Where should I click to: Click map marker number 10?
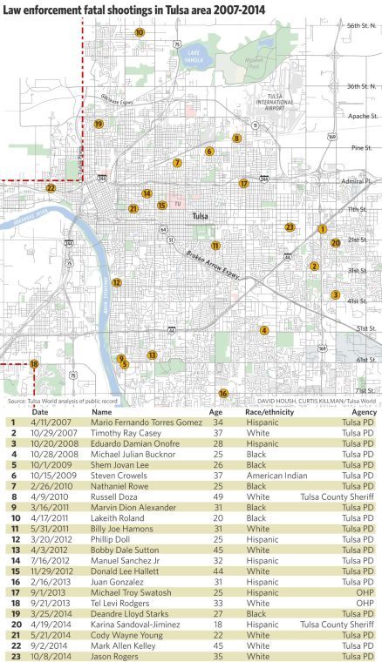tap(140, 32)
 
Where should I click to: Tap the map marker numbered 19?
tap(99, 125)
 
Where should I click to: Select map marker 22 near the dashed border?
tap(51, 188)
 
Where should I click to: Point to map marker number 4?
tap(264, 330)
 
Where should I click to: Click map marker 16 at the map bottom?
tap(223, 394)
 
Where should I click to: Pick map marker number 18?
tap(34, 364)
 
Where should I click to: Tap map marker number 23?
tap(290, 227)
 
